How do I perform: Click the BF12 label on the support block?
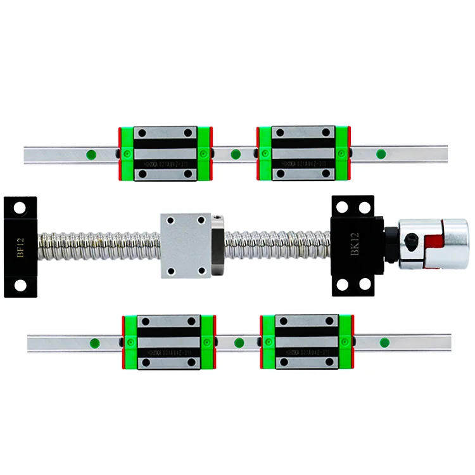coord(22,246)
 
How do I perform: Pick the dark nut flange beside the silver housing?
coord(216,245)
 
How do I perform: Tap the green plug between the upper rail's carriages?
coord(236,153)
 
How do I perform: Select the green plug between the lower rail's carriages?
coord(239,343)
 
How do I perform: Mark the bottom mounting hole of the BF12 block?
coord(20,286)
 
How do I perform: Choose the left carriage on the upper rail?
coord(165,153)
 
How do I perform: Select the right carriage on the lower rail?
coord(307,342)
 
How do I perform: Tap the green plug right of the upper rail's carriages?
coord(381,153)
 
